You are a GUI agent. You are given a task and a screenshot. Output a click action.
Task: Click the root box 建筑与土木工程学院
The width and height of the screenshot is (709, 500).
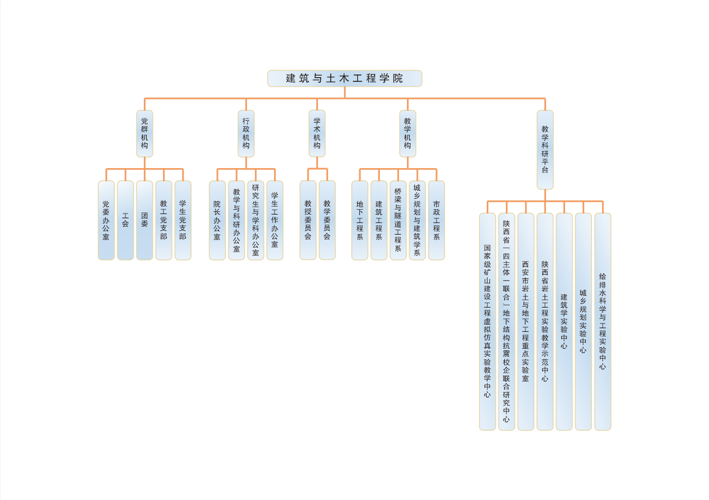(x=344, y=78)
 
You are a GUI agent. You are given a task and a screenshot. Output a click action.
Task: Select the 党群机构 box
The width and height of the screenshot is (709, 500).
(x=144, y=133)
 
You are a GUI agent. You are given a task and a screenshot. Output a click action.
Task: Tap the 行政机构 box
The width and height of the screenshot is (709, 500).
(x=246, y=133)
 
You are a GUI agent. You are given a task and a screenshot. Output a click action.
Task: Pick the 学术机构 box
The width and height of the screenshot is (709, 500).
(x=317, y=133)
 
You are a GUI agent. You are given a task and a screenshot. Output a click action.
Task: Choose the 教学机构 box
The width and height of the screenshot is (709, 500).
(x=407, y=133)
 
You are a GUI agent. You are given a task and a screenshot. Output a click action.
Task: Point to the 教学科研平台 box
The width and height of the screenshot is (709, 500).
(x=545, y=150)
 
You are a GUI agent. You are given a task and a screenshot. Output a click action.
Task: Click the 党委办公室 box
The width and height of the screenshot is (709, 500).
(x=106, y=220)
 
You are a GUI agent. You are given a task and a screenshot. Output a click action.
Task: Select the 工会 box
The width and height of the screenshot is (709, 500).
(x=125, y=220)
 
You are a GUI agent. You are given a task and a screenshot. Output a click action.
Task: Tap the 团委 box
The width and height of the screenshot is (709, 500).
(x=144, y=220)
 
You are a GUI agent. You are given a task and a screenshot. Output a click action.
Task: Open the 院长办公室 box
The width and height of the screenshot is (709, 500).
(x=217, y=220)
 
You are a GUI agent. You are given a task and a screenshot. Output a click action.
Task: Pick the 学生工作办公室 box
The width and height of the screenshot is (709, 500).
(x=275, y=220)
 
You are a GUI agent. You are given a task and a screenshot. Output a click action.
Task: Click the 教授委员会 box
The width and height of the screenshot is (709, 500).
(x=308, y=220)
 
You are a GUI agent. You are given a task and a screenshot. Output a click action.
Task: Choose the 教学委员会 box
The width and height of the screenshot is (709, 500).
(x=327, y=220)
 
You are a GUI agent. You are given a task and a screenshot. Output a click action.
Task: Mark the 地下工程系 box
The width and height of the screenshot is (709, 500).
(x=360, y=220)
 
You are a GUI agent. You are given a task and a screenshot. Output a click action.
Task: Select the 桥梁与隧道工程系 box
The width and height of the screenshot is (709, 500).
(x=398, y=220)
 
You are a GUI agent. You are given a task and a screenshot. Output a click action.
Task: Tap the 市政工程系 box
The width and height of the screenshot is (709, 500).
(x=437, y=220)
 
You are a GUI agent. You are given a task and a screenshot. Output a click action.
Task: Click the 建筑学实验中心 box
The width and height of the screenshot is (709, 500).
(x=564, y=321)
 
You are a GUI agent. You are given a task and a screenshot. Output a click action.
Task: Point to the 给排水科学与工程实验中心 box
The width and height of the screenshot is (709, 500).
(x=603, y=321)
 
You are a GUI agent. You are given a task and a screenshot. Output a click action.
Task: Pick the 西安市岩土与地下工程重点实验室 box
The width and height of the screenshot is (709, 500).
(x=525, y=321)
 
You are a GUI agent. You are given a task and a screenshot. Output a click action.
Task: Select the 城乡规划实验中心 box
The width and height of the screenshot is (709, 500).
(x=583, y=321)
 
